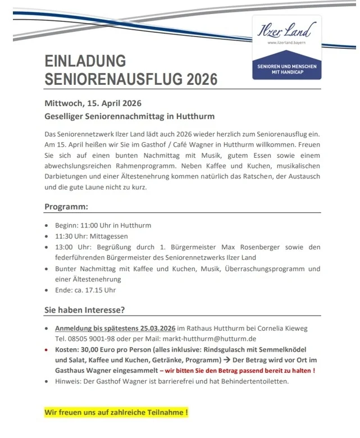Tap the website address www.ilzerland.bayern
[x=286, y=43]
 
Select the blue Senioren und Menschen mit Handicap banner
[x=286, y=69]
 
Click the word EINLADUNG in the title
[x=85, y=61]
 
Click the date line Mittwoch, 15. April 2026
[x=93, y=103]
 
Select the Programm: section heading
[x=66, y=206]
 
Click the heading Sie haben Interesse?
[x=84, y=309]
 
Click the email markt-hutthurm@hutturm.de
[x=209, y=339]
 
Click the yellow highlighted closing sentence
[x=116, y=413]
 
